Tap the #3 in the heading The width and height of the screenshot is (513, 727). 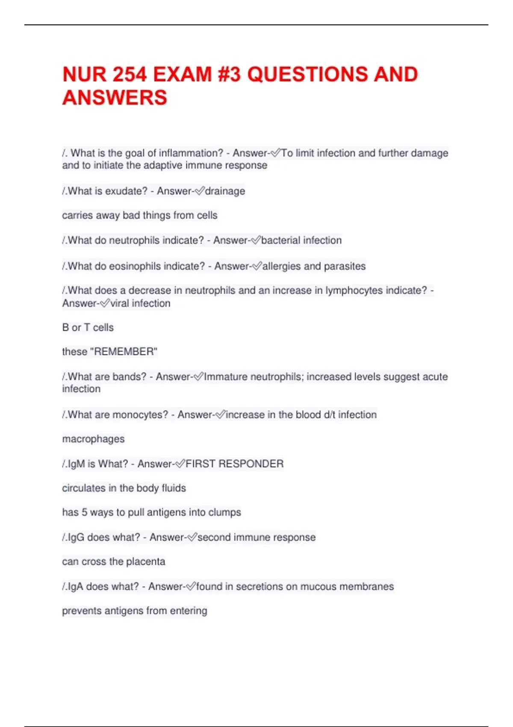(229, 74)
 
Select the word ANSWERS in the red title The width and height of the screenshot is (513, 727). (115, 98)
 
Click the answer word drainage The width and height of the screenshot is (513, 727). (225, 191)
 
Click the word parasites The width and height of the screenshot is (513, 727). (345, 266)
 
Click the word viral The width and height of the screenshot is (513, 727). (120, 303)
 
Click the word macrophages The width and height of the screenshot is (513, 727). (93, 439)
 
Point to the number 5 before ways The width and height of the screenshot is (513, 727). (84, 512)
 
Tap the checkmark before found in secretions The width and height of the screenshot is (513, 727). (191, 586)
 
